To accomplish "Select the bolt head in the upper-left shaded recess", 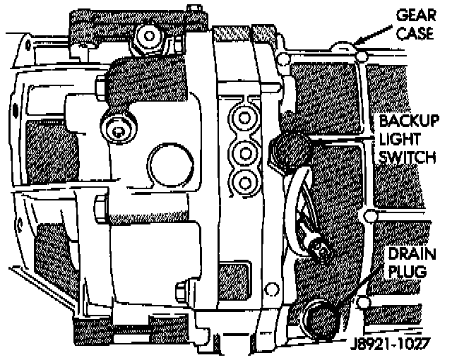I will tap(117, 128).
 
